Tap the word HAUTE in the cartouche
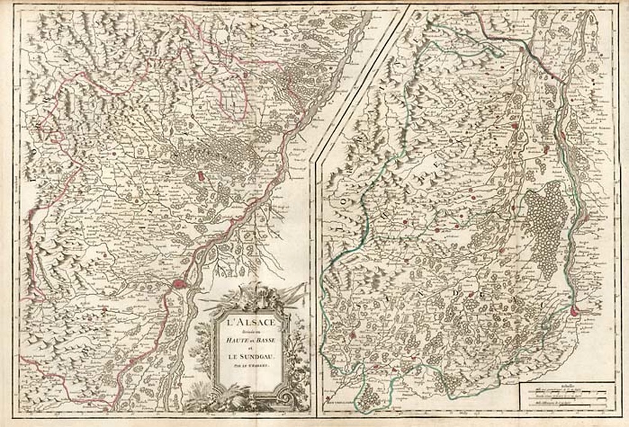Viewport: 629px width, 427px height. pos(237,337)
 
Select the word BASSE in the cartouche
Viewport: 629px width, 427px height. pos(265,337)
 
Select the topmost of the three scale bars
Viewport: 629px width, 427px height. pos(565,391)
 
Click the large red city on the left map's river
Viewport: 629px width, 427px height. pos(179,284)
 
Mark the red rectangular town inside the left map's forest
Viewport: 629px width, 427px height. pos(200,176)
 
